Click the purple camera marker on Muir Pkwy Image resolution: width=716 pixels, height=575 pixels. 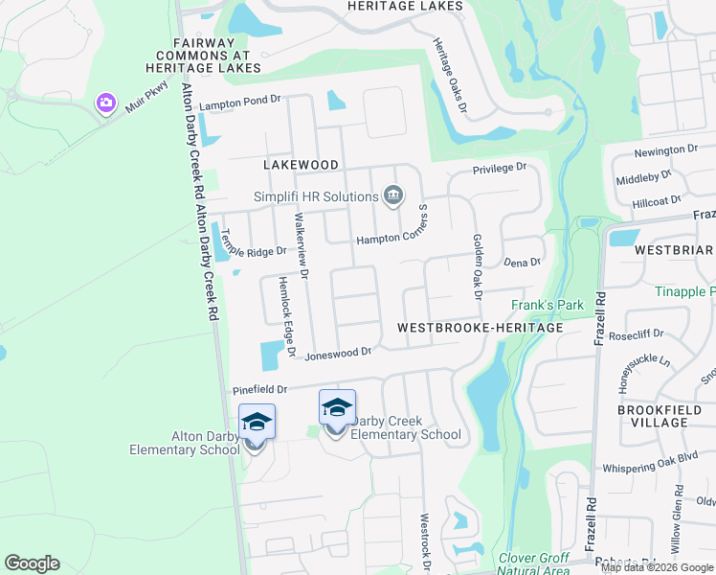click(105, 103)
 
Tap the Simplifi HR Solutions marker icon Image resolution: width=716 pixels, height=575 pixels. click(392, 196)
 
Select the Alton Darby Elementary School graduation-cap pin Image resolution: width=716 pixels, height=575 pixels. click(257, 422)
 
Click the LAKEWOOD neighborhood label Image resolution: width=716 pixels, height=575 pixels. click(302, 165)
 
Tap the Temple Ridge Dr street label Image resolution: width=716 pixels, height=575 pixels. click(253, 250)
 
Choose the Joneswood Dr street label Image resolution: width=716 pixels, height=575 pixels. click(337, 354)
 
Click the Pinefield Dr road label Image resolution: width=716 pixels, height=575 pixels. click(259, 390)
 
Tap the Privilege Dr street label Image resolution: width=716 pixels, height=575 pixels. click(500, 168)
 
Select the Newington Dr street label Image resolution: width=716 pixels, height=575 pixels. click(667, 150)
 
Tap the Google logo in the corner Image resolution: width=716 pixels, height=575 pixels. click(32, 563)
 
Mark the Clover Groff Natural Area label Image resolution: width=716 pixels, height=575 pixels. click(533, 563)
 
